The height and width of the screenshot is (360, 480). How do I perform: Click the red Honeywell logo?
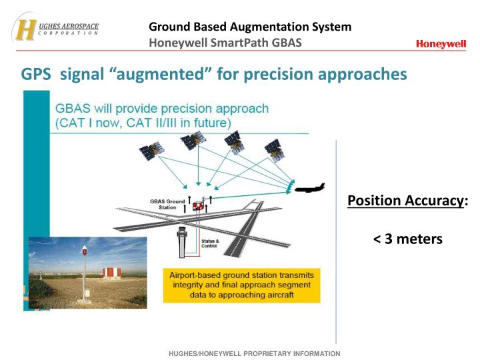(441, 44)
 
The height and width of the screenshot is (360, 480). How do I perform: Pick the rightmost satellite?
(274, 149)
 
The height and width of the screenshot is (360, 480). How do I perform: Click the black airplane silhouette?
(307, 189)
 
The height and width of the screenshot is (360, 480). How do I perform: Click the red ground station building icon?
(197, 206)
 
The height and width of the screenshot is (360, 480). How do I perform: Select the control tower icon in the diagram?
(183, 241)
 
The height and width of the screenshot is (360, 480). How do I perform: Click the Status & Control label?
(209, 243)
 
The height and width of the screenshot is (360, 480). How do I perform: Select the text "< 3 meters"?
(408, 239)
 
